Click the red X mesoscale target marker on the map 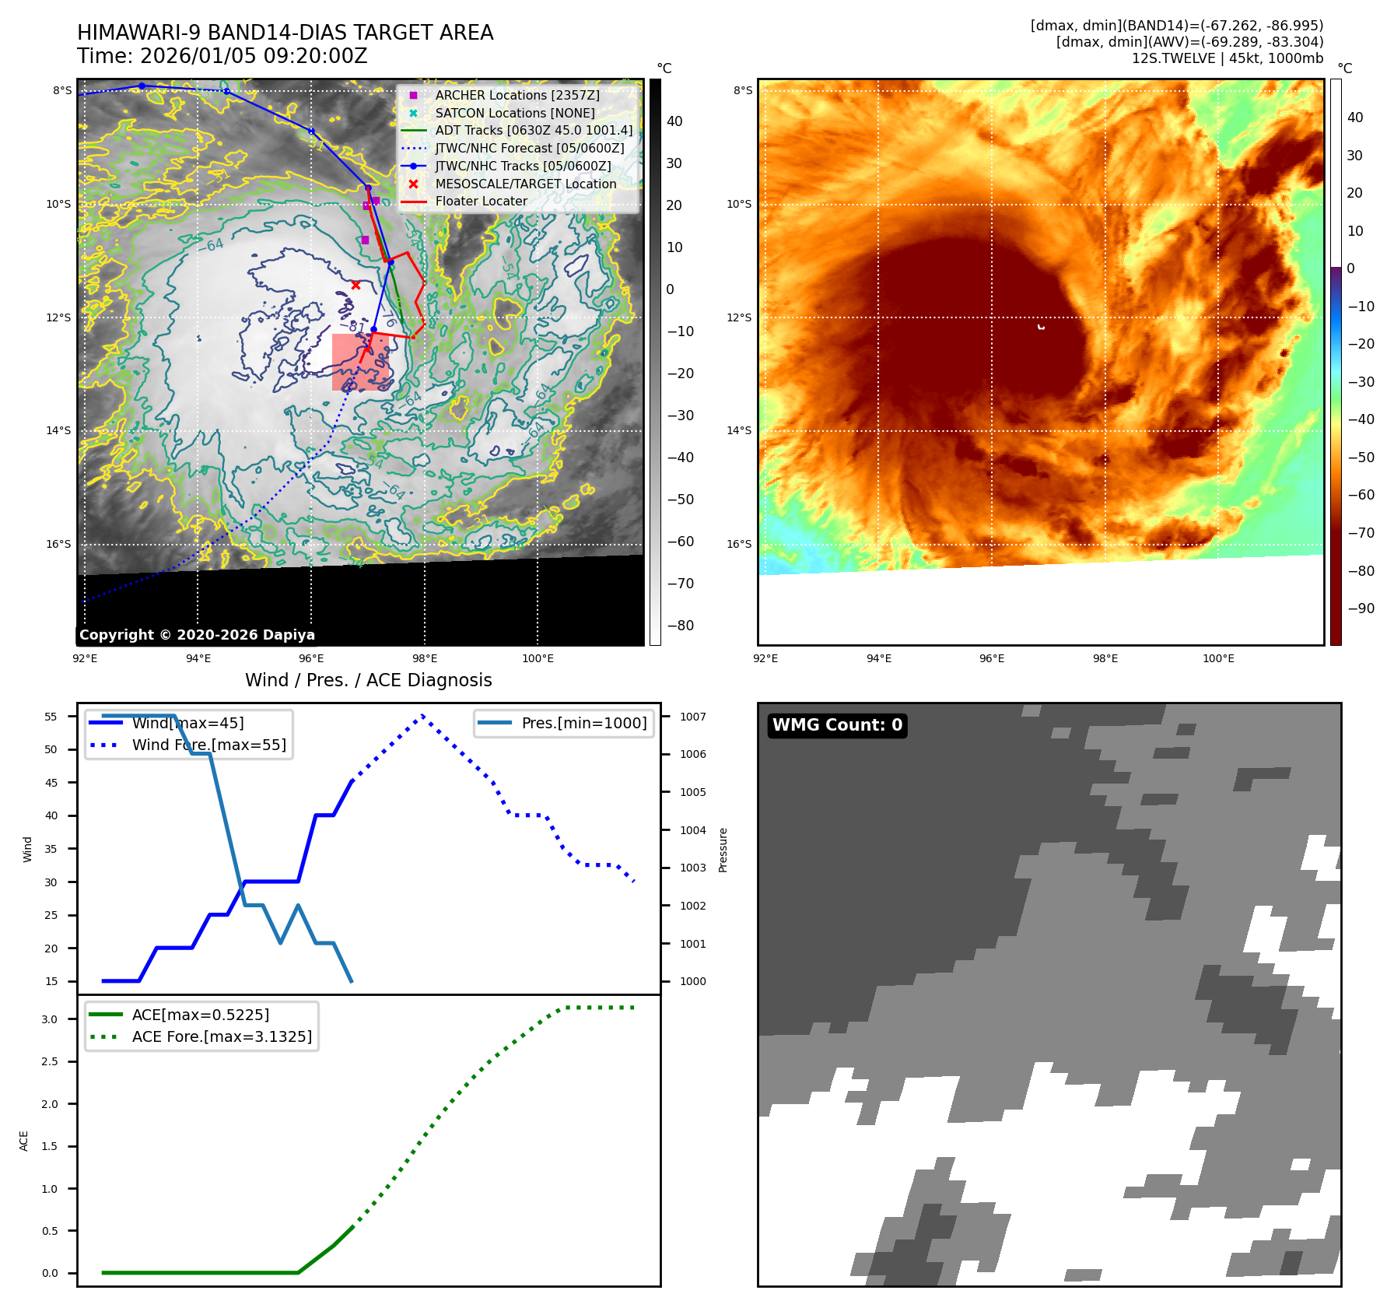(x=356, y=286)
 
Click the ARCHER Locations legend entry (x=517, y=95)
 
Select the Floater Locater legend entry (x=481, y=201)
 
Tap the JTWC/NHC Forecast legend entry (x=529, y=148)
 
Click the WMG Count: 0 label (x=837, y=725)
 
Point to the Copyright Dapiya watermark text (x=197, y=635)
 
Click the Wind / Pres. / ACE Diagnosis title (x=368, y=680)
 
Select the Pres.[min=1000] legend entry (x=583, y=723)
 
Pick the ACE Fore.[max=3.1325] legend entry (x=222, y=1036)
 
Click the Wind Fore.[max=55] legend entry (x=208, y=745)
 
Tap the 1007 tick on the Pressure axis (x=692, y=717)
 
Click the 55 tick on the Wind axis (x=51, y=717)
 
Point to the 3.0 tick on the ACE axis (x=50, y=1019)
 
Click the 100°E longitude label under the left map (x=538, y=659)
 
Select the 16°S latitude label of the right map (x=739, y=544)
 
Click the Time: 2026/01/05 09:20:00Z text (x=222, y=56)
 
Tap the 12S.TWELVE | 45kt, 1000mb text (x=1227, y=58)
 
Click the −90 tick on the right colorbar (x=1361, y=608)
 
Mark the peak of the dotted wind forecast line (x=422, y=715)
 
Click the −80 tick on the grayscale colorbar (x=680, y=626)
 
